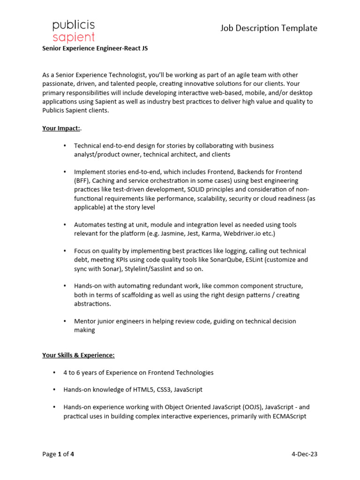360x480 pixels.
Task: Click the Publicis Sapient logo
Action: (x=74, y=31)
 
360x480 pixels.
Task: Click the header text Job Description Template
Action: (x=269, y=28)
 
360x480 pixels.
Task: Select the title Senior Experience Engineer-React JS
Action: (x=95, y=48)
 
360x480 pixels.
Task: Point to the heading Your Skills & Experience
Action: (x=78, y=355)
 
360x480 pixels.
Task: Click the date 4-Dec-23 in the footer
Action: (x=304, y=454)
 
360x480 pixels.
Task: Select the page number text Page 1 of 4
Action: (x=58, y=454)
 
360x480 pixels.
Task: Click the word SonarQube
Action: (x=224, y=260)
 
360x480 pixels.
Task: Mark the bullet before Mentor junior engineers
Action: (x=65, y=322)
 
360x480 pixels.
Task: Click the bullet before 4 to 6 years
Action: (x=54, y=373)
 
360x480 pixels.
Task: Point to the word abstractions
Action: (x=92, y=304)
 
